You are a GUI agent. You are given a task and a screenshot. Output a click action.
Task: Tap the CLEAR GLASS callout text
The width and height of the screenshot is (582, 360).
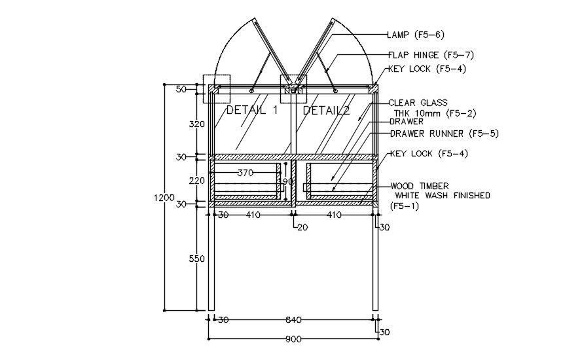pos(418,103)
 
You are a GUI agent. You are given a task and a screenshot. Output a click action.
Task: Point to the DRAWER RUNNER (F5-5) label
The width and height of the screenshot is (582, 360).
pos(444,134)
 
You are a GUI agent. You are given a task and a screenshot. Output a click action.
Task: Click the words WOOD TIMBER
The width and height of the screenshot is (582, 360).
pos(419,187)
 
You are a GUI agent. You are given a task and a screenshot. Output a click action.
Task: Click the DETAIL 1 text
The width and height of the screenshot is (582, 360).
pos(252,110)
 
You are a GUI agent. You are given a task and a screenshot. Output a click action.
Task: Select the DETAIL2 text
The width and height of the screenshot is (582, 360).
pos(326,110)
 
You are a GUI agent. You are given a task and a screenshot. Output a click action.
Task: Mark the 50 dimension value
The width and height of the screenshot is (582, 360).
pos(181,89)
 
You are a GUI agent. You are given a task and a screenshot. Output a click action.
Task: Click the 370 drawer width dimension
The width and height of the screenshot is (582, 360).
pos(245,173)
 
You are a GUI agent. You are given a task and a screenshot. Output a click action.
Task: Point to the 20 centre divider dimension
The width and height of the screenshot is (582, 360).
pos(302,227)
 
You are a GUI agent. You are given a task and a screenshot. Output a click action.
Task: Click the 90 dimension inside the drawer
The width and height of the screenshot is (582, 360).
pos(287,181)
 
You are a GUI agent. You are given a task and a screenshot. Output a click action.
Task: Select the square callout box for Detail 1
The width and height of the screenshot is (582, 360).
pos(217,88)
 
